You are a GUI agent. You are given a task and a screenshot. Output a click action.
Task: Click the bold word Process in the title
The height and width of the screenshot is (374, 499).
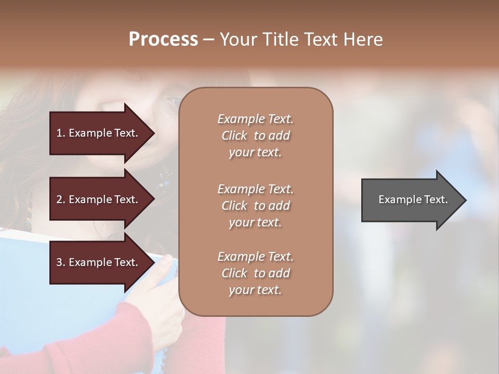[163, 39]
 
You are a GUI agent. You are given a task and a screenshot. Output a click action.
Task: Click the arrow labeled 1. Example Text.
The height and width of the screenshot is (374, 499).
[99, 133]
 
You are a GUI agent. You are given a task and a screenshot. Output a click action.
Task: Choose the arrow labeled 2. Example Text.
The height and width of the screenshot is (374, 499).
[99, 199]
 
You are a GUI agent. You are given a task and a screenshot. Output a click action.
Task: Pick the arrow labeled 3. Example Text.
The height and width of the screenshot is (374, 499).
[99, 262]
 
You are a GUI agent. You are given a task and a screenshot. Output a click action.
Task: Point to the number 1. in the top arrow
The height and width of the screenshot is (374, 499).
[61, 133]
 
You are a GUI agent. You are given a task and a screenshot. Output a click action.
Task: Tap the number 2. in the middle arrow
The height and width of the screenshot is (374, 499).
[61, 199]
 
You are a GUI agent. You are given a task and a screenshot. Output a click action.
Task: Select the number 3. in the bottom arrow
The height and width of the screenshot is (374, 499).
[61, 262]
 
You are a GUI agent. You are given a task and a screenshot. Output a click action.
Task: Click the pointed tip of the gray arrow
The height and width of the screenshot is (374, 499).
[464, 200]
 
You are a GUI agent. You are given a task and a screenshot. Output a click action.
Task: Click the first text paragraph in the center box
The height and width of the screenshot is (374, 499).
[255, 136]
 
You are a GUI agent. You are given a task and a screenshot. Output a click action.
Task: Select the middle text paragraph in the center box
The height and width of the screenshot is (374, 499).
[255, 206]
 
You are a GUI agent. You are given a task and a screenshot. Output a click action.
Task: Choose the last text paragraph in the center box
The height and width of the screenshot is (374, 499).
[255, 273]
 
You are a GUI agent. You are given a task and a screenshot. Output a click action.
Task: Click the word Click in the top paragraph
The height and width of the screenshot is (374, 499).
[234, 136]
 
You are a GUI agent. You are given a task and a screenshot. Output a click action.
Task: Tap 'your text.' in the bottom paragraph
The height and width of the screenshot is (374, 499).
[255, 290]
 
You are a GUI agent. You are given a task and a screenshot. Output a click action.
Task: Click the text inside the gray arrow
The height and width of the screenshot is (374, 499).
[413, 199]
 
